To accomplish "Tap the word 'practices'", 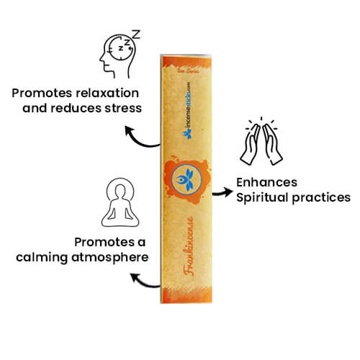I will (x=321, y=197).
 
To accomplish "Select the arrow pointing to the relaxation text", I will (x=140, y=137).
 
